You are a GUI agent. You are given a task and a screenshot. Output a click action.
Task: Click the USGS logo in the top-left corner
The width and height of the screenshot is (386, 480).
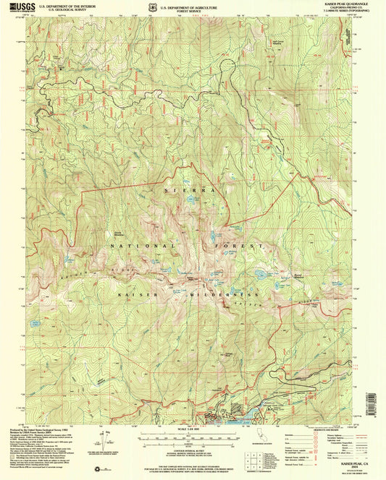click(22, 8)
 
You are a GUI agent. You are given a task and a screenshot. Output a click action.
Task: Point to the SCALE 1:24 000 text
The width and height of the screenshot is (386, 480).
click(193, 430)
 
